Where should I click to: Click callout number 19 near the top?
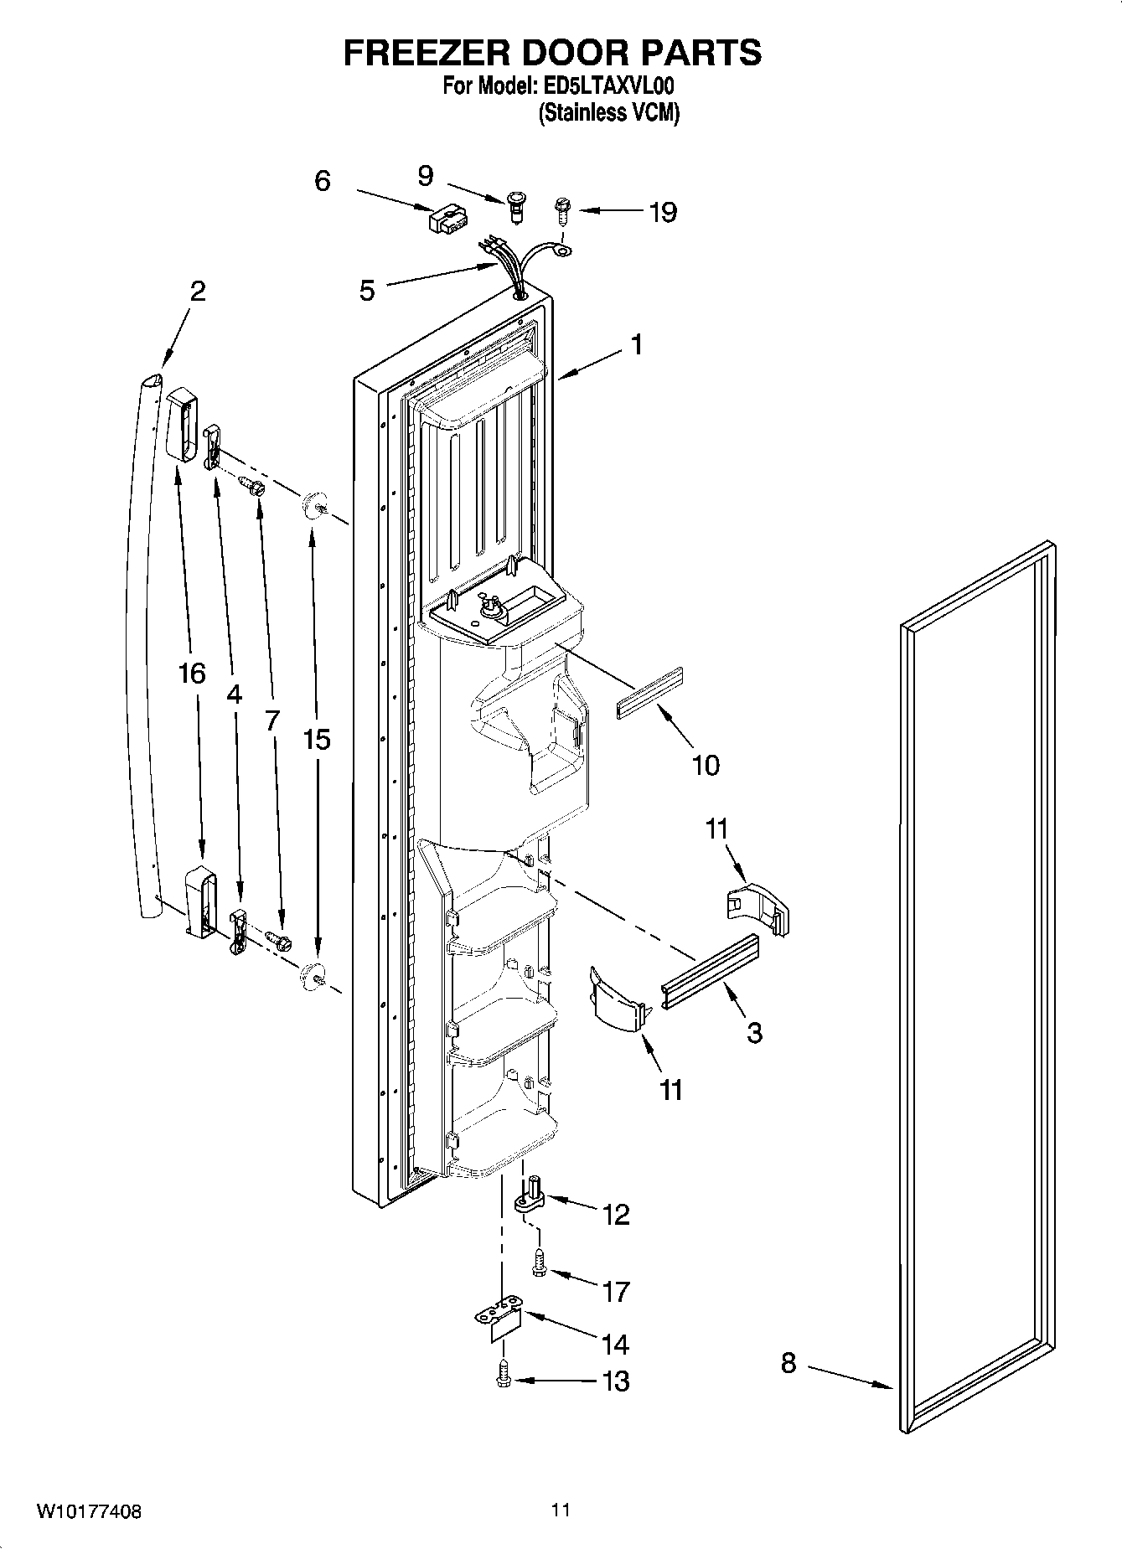coord(662,212)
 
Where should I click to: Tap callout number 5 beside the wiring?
coord(367,291)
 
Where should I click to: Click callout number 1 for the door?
coord(637,344)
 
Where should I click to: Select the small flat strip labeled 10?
coord(650,693)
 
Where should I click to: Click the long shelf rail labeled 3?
coord(710,971)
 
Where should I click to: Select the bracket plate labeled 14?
coord(500,1321)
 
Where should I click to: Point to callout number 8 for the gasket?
coord(788,1363)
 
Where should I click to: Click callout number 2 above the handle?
coord(198,291)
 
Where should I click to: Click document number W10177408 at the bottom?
coord(89,1512)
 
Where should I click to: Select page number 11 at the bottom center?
coord(561,1510)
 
